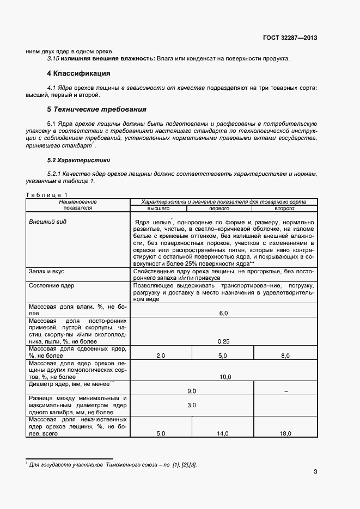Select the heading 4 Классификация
[78, 73]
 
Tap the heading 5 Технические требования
[89, 109]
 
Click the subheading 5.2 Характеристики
[78, 160]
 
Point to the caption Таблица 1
[47, 195]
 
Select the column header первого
[223, 208]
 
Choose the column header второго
[284, 208]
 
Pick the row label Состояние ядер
[52, 285]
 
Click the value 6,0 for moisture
[223, 314]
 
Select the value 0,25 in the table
[223, 341]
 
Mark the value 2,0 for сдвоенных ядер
[161, 355]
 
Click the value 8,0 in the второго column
[285, 355]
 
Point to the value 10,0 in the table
[225, 377]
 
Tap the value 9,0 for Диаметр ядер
[192, 391]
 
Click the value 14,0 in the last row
[223, 433]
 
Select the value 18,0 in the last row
[285, 433]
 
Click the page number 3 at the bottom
[315, 471]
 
